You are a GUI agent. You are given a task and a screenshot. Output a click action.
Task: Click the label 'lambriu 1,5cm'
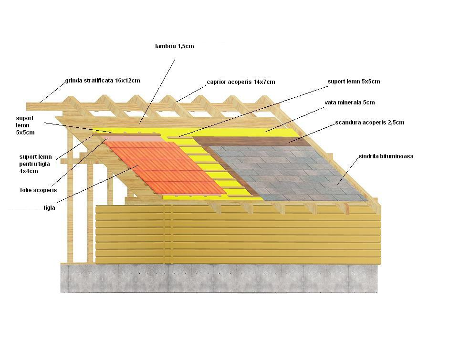(x=174, y=46)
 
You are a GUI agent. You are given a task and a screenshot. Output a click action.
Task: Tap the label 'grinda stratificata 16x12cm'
(x=103, y=81)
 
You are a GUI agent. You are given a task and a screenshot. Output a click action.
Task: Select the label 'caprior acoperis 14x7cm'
(x=241, y=82)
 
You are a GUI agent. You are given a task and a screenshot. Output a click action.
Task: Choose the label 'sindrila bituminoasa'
(x=386, y=156)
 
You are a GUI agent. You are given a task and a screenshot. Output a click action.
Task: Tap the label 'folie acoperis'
(x=38, y=190)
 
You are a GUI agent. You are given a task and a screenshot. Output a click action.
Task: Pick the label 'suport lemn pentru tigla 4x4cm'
(x=37, y=164)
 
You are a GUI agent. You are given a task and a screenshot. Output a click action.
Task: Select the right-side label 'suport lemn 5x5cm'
(x=354, y=82)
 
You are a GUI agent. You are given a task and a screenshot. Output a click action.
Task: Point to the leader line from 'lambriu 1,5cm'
(x=157, y=91)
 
